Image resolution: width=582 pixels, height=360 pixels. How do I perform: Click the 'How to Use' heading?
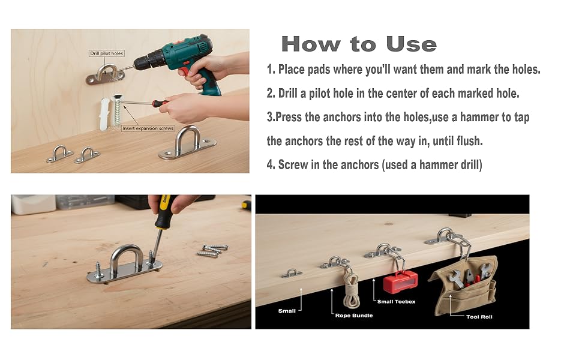pos(359,44)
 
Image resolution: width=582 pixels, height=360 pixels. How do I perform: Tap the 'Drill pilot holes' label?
pos(107,53)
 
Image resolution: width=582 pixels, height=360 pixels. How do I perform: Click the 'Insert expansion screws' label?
pos(148,128)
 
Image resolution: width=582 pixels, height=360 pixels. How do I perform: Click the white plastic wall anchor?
pos(104,114)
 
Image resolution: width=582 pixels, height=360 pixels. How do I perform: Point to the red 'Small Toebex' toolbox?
pos(400,282)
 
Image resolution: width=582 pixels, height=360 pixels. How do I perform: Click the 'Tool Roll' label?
pos(479,317)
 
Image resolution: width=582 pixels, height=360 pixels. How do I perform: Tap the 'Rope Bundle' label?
pos(354,316)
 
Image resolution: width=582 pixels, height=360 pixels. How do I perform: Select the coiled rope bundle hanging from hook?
pos(351,289)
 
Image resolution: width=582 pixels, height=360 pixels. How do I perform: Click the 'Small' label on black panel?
pos(287,311)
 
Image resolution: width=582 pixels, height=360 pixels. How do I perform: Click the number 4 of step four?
pos(270,165)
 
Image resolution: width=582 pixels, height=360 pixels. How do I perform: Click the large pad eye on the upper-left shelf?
pos(188,143)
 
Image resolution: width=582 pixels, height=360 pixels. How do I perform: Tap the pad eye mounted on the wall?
pos(106,74)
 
